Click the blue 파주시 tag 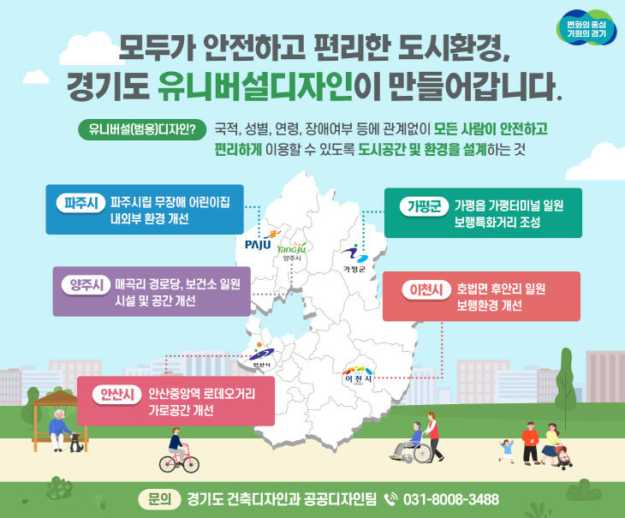tap(80, 204)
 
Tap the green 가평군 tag tap(422, 205)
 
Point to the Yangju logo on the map tap(291, 248)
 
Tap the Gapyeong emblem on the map tap(354, 255)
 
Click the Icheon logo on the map tap(358, 374)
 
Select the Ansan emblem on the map tap(262, 354)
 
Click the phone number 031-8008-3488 tap(450, 499)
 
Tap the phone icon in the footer tap(390, 499)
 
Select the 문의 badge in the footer tap(159, 499)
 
